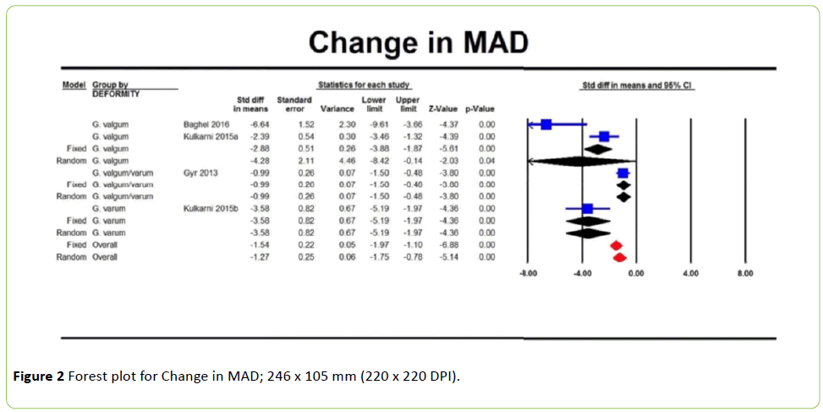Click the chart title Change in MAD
click(418, 41)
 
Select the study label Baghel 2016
click(206, 124)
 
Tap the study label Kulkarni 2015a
click(211, 136)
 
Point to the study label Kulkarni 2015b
click(211, 208)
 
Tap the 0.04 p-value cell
click(486, 161)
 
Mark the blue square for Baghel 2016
click(546, 124)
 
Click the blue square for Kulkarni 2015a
click(604, 136)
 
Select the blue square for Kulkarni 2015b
click(588, 208)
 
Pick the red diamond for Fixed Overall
click(616, 244)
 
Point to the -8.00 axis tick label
click(526, 274)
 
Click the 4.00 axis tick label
click(690, 274)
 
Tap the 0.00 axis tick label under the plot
click(635, 274)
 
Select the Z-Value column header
click(443, 109)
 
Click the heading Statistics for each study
click(365, 85)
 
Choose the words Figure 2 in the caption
click(39, 376)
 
